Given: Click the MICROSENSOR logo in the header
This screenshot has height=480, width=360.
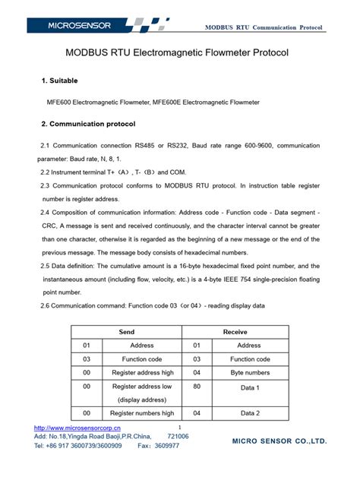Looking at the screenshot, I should point(79,26).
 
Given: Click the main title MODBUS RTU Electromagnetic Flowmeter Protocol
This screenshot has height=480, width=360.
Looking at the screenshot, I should point(179,55).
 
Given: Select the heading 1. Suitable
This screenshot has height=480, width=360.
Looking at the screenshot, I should point(58,81).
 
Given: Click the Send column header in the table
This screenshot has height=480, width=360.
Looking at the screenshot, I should point(127,332).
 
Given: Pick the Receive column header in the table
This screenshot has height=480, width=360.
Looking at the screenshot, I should point(234,332).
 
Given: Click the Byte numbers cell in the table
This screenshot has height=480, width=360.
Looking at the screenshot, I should point(250,373).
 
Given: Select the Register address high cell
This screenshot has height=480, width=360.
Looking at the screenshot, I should point(142,373).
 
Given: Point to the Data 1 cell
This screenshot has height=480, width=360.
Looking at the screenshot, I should point(250,387).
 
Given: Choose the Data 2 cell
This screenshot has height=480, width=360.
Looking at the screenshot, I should point(250,413).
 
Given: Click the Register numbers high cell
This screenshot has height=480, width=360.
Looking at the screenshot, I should point(142,413).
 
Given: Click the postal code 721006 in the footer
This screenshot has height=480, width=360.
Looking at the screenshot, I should point(178,437).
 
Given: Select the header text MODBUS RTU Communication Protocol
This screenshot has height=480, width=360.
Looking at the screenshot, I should point(264,27).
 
